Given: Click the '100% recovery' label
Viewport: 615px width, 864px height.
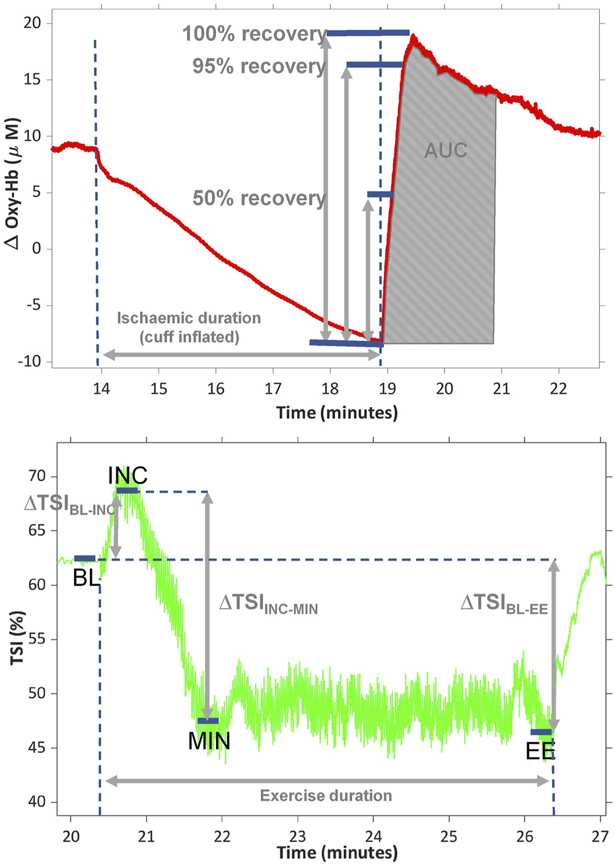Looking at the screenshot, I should [254, 33].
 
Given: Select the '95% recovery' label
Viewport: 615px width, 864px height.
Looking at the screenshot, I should [259, 66].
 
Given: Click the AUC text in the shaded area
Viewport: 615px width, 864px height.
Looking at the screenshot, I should [445, 150].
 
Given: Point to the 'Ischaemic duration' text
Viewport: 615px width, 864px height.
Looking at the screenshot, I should [189, 318].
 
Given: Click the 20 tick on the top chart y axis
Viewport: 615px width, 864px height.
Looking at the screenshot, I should [34, 24].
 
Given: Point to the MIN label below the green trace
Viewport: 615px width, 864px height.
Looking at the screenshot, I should [209, 741].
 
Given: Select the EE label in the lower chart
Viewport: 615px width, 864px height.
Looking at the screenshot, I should [540, 751].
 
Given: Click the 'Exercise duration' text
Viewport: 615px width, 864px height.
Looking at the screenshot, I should [326, 795].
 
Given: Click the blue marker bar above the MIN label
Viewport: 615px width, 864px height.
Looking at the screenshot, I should [208, 720].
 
